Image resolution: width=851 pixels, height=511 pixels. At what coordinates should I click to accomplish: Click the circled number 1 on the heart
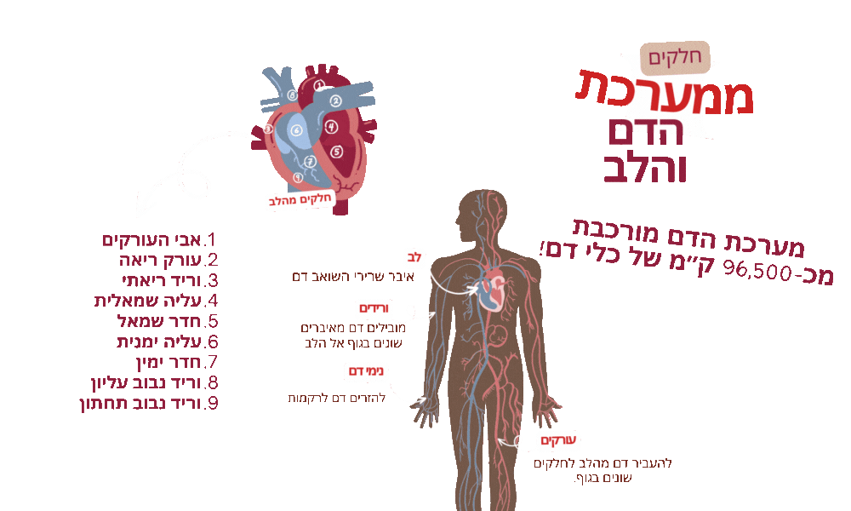click(x=319, y=85)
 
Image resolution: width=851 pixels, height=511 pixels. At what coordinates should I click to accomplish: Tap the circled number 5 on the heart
click(x=336, y=152)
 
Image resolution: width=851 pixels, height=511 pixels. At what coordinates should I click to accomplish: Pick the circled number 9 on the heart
click(x=297, y=176)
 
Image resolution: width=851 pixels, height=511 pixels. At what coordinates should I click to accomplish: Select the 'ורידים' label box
click(x=373, y=308)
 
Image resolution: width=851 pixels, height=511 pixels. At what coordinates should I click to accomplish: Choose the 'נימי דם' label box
click(x=365, y=371)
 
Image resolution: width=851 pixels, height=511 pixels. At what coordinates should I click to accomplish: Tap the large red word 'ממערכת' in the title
click(x=666, y=91)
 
